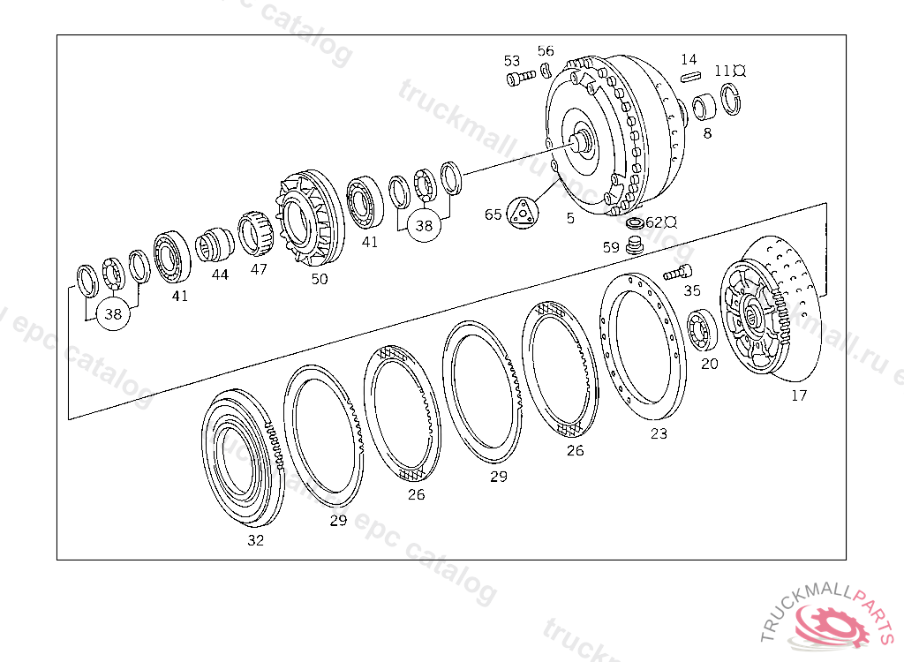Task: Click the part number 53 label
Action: [512, 61]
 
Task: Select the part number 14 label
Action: [689, 60]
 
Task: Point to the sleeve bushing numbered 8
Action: [704, 109]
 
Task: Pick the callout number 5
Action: [570, 217]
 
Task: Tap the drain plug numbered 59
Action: [633, 244]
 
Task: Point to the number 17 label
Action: [799, 395]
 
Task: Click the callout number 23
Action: [659, 433]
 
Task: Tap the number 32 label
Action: [255, 540]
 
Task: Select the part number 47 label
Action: [258, 269]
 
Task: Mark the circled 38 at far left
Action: [113, 313]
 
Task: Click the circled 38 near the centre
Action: [425, 225]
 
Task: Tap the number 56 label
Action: [546, 51]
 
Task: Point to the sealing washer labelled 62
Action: [634, 222]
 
